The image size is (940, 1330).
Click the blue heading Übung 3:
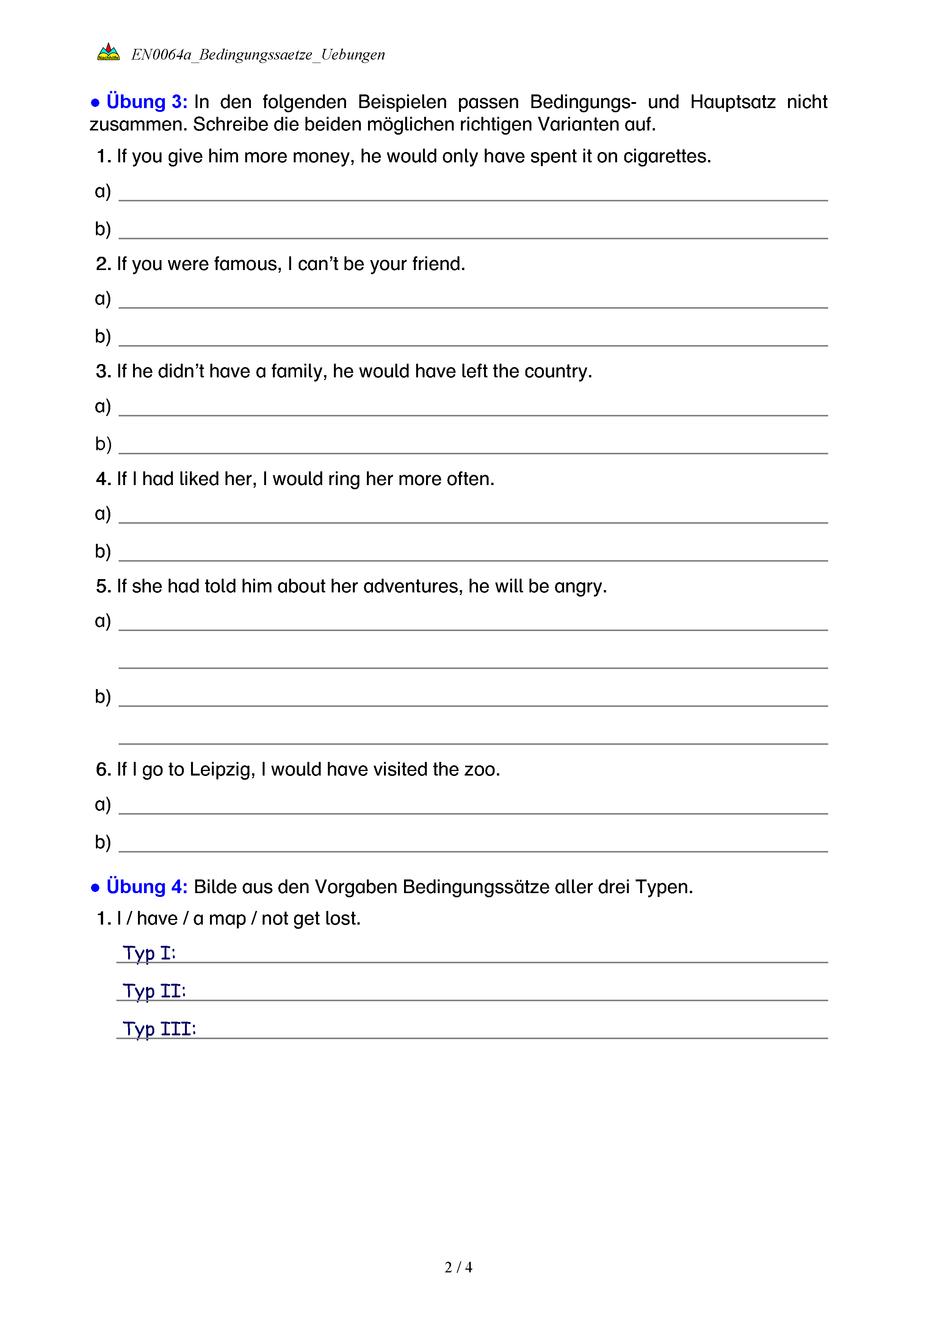(146, 102)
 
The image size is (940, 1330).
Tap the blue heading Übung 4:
(146, 887)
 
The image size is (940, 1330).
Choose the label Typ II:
(154, 991)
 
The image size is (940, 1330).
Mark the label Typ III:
(159, 1029)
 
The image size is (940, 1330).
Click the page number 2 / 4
(458, 1267)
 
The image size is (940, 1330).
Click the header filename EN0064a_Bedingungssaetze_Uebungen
(258, 55)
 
